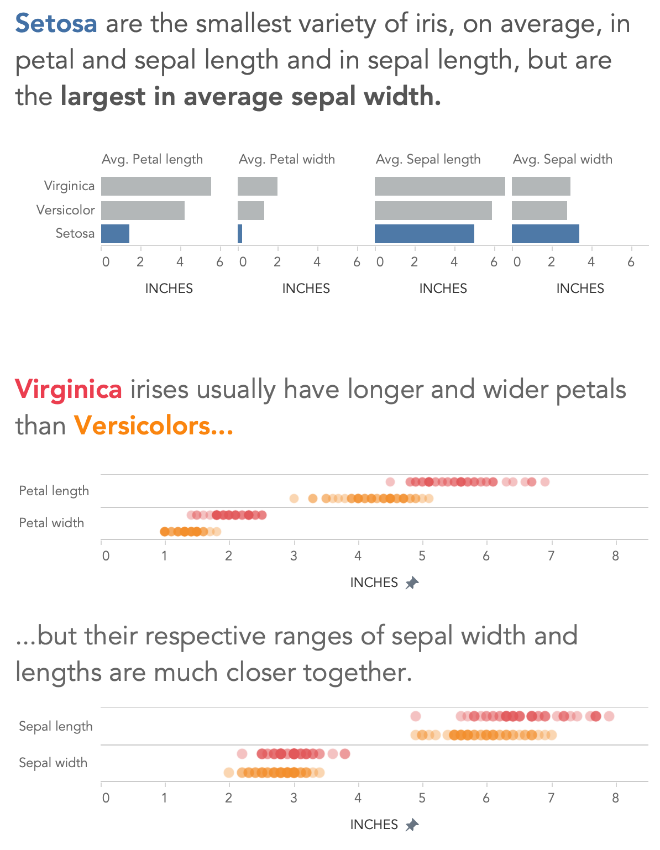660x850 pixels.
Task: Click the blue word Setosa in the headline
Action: click(x=56, y=24)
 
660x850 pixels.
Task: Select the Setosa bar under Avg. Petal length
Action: click(x=115, y=234)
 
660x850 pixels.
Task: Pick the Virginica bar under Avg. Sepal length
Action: click(x=439, y=186)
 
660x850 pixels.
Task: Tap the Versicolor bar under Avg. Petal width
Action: click(x=251, y=211)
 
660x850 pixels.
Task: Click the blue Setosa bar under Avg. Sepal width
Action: click(x=545, y=234)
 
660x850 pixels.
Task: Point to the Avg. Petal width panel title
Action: click(x=286, y=159)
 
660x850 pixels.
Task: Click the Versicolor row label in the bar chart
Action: click(x=65, y=210)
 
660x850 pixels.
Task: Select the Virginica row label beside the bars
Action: click(x=69, y=186)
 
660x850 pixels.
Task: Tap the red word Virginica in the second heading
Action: click(x=69, y=390)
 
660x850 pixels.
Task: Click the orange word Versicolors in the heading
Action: click(x=153, y=426)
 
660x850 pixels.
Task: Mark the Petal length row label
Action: click(x=54, y=491)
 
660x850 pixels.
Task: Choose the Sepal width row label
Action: click(x=53, y=763)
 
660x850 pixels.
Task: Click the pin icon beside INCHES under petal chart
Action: click(x=412, y=583)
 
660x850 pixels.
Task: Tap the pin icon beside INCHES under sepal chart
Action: click(x=412, y=825)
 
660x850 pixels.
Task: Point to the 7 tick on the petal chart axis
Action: click(x=551, y=556)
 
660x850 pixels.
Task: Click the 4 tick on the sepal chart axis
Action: click(x=358, y=798)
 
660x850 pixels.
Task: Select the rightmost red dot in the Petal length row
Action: click(x=545, y=482)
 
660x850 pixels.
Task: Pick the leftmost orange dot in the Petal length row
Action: click(x=294, y=499)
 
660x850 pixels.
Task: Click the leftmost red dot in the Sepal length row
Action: click(x=416, y=716)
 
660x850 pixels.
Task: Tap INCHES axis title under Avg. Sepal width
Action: click(x=580, y=288)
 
